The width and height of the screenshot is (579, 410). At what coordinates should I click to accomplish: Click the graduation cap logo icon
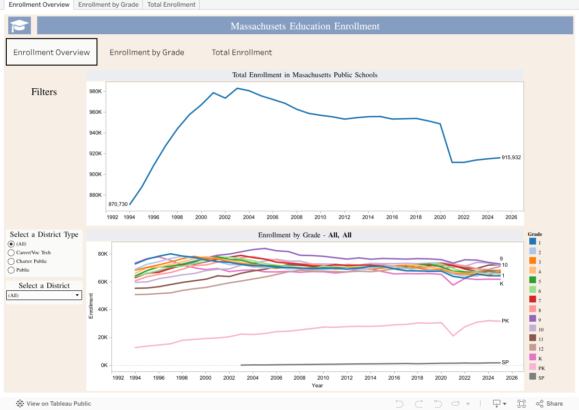pos(20,26)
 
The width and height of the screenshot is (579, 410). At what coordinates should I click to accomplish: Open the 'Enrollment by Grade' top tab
pos(109,5)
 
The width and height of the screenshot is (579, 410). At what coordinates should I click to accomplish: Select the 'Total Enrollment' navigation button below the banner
pos(242,52)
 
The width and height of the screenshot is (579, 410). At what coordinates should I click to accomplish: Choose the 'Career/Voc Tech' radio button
pos(12,253)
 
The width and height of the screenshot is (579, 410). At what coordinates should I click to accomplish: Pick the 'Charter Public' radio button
pos(12,261)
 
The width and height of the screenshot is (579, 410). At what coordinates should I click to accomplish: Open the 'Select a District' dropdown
pos(44,295)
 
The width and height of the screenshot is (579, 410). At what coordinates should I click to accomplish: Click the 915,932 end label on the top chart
pos(511,158)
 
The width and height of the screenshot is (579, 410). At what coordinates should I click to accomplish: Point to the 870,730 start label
pos(118,205)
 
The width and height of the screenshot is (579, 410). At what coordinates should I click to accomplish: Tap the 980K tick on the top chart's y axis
pos(95,92)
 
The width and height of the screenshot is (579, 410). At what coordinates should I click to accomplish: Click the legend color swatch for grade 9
pos(533,318)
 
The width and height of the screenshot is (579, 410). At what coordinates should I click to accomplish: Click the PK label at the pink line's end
pos(505,321)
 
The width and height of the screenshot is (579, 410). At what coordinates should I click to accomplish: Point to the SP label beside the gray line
pos(505,362)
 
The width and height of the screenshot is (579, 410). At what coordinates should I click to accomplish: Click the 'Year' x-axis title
pos(317,385)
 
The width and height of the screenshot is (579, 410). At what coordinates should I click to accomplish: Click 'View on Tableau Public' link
pos(54,404)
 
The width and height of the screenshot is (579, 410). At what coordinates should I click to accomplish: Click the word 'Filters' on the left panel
pos(44,92)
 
